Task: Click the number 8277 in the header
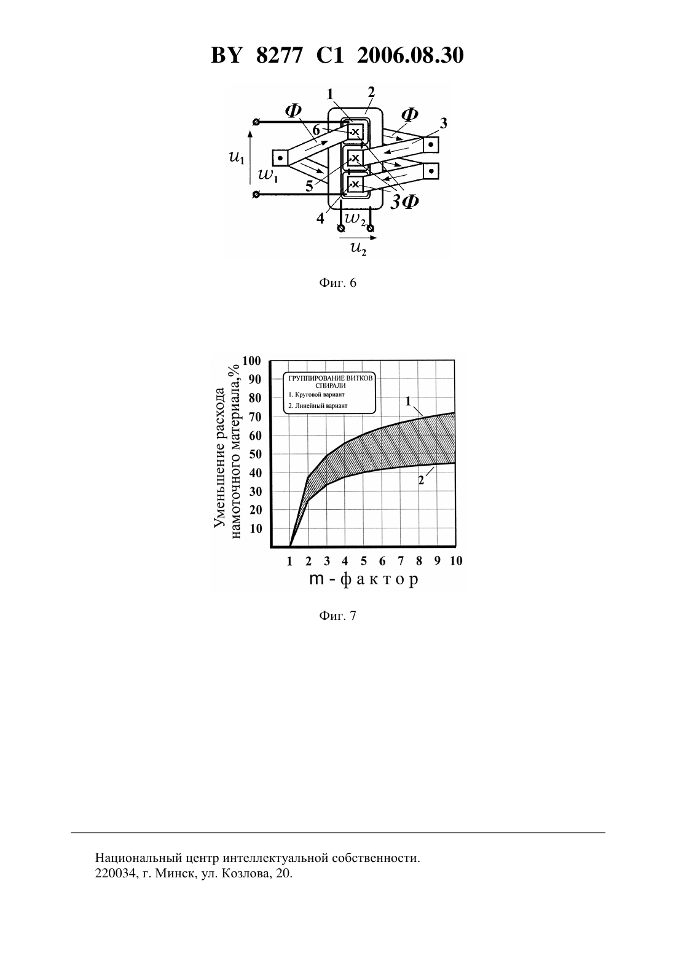point(279,55)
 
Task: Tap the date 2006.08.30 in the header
point(410,55)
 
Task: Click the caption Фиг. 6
point(337,283)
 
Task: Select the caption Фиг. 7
point(337,616)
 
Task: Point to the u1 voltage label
point(237,158)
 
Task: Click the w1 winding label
point(269,175)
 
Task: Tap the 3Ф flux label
point(404,201)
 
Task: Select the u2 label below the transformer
point(358,248)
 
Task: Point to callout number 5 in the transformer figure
point(309,186)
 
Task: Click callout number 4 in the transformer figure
point(320,218)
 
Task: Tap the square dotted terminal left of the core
point(280,158)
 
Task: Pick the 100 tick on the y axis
point(251,361)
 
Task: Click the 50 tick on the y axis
point(255,454)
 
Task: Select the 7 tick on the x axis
point(400,561)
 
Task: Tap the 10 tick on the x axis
point(456,561)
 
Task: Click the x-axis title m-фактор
point(363,579)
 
